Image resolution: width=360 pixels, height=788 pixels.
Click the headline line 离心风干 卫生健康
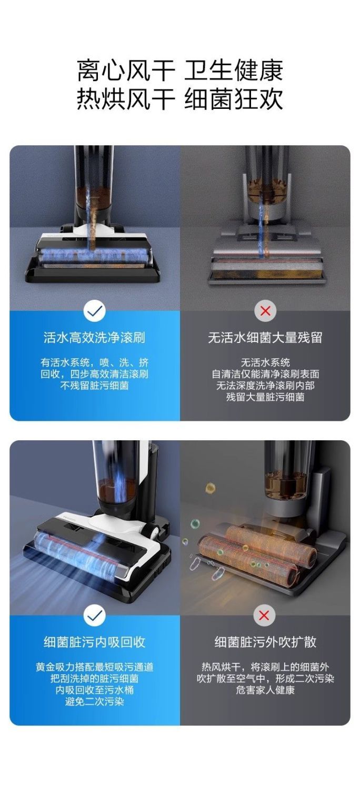180,70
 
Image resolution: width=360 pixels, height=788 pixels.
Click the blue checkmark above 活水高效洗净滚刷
95,311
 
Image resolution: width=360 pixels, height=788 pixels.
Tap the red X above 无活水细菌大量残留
265,311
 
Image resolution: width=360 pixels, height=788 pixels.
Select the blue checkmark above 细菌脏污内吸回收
95,615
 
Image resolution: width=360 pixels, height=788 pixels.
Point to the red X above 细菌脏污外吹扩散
264,615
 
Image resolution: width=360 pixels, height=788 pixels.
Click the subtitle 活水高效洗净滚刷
94,338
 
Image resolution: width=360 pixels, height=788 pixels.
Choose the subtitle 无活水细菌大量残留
265,338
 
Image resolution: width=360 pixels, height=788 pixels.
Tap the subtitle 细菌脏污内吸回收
94,642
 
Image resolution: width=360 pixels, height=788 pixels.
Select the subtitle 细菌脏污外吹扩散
265,642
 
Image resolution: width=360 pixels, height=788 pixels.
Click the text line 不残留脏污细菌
94,386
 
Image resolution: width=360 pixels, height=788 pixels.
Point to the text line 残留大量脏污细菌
265,397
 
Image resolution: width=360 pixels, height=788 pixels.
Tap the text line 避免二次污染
94,702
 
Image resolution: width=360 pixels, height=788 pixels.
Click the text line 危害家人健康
265,690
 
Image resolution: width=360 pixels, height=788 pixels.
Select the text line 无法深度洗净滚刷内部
265,386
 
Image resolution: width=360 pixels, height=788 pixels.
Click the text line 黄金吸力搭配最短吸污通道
94,667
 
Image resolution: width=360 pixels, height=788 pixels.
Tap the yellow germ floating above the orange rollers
210,488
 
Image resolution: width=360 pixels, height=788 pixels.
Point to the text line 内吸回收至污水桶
94,690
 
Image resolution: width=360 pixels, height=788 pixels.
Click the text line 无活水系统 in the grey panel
265,362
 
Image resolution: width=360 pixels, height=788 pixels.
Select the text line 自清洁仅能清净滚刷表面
265,374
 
